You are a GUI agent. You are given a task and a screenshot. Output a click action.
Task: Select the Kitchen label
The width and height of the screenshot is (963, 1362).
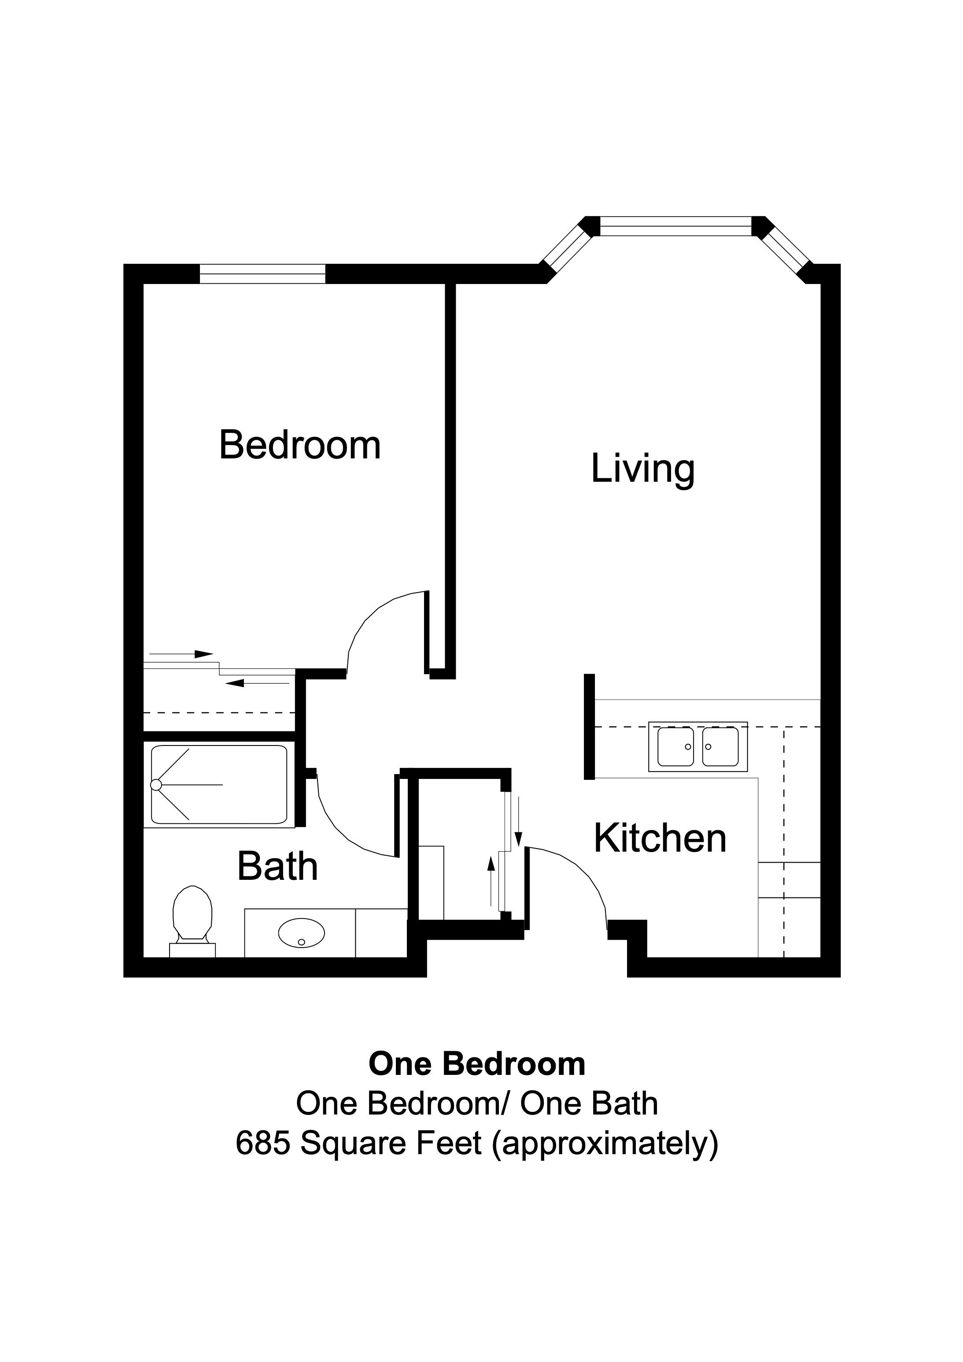click(x=660, y=839)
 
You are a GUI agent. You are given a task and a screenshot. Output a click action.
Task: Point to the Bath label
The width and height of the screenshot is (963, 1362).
click(x=278, y=867)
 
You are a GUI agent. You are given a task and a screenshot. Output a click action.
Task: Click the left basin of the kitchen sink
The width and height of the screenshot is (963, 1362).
click(x=675, y=747)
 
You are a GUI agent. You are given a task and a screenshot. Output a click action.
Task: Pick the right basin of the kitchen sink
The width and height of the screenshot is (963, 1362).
click(x=720, y=747)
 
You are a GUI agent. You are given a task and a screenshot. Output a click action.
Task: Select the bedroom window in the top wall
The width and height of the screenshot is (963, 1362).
click(x=262, y=273)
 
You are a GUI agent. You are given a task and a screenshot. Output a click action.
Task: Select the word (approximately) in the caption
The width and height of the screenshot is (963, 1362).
click(x=605, y=1144)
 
